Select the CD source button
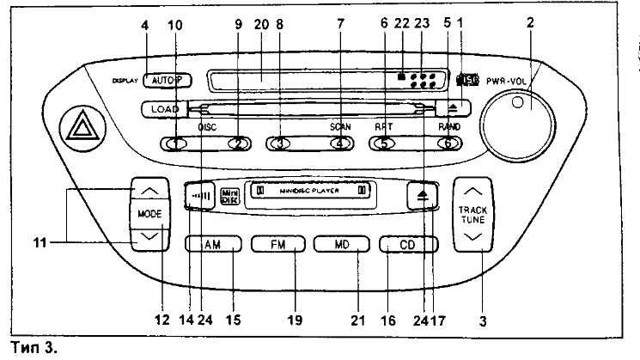(x=408, y=244)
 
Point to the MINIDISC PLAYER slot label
(x=308, y=191)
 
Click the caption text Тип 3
(x=28, y=348)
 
